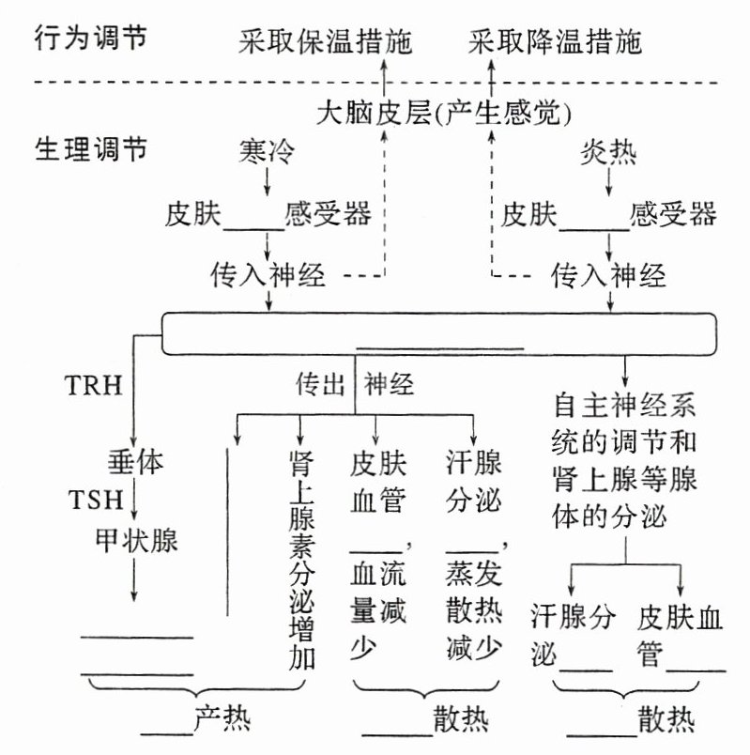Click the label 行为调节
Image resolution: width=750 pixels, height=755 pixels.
[91, 39]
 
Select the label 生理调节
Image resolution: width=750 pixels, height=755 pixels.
[91, 150]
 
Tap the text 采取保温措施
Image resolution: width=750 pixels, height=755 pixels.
[326, 41]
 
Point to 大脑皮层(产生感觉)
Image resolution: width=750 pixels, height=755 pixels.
[445, 116]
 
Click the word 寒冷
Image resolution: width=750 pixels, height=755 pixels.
[269, 151]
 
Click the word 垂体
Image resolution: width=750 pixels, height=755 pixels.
[137, 463]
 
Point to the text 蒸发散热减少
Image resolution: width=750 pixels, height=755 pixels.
[472, 610]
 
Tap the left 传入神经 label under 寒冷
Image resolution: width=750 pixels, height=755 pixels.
[268, 275]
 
